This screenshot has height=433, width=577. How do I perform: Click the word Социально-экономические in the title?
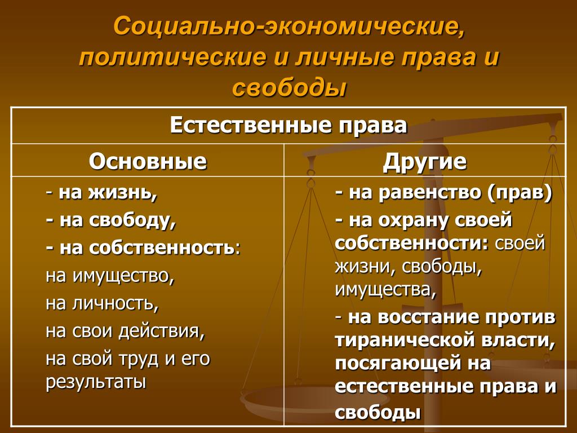(x=289, y=27)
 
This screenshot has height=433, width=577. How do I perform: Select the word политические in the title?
(x=172, y=58)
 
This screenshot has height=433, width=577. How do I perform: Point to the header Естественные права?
(x=288, y=125)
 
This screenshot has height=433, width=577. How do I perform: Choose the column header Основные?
(x=148, y=161)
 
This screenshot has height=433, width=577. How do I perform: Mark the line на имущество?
(x=110, y=275)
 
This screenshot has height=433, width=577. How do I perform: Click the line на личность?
(x=103, y=303)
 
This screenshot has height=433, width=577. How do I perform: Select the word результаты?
(x=96, y=382)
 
